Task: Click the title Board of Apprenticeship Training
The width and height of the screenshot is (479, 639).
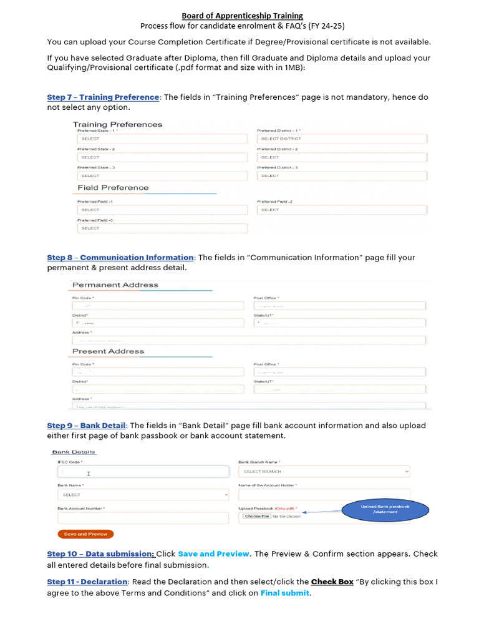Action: (242, 16)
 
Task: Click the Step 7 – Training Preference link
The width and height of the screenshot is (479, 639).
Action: (103, 97)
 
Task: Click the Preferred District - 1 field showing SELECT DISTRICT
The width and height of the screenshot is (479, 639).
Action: (342, 139)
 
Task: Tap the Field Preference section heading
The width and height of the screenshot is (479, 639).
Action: (113, 188)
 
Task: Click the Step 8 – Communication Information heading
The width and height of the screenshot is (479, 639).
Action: (120, 258)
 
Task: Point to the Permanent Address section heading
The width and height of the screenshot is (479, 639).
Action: (115, 285)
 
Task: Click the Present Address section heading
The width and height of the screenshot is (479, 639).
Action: (108, 351)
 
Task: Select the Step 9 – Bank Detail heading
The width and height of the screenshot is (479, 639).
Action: (87, 426)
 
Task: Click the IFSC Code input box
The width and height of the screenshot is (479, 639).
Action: (143, 472)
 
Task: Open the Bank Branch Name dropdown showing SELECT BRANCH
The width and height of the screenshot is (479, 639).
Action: (324, 472)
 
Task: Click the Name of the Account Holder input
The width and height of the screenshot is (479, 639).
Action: (324, 495)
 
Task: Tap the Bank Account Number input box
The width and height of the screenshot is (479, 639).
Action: (143, 518)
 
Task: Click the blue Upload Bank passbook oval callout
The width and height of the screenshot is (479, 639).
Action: (385, 509)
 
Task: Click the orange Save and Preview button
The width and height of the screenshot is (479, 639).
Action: (85, 534)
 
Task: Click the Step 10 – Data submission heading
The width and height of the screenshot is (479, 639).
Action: (100, 554)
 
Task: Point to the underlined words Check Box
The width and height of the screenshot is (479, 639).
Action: (332, 582)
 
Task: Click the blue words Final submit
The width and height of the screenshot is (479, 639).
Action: (284, 593)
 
